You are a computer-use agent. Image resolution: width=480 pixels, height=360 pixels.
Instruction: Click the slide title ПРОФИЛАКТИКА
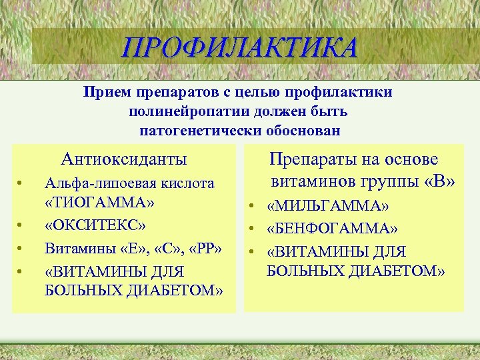pyautogui.click(x=239, y=48)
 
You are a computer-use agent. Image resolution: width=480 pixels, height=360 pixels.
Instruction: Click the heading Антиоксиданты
pyautogui.click(x=124, y=159)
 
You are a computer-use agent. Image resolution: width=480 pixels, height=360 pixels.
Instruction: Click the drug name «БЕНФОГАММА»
pyautogui.click(x=332, y=229)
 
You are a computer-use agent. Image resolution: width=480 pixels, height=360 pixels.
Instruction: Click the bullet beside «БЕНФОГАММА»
pyautogui.click(x=254, y=230)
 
